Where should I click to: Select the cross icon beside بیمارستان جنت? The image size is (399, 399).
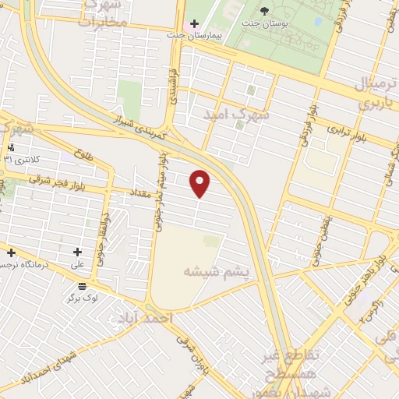[x=195, y=23]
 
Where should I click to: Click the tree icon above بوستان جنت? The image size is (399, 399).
[x=264, y=11]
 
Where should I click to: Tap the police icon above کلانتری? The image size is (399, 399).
[x=10, y=147]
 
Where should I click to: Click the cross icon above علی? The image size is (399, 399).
[x=77, y=252]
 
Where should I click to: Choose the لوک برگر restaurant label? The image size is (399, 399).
[x=83, y=298]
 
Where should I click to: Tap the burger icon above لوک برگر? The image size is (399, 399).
[x=82, y=285]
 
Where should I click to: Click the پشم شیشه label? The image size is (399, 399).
[x=217, y=272]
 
